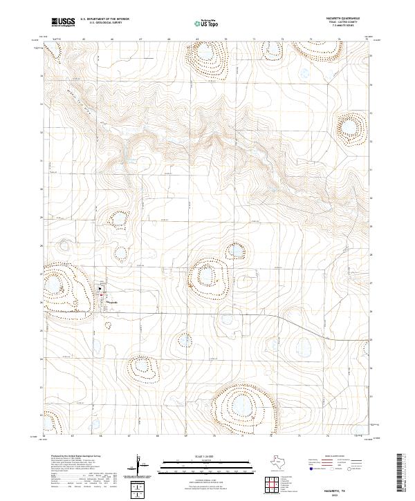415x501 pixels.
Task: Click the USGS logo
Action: coord(62,23)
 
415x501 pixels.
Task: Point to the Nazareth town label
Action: coord(111,303)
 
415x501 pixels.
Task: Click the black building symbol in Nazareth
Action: coord(100,289)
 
